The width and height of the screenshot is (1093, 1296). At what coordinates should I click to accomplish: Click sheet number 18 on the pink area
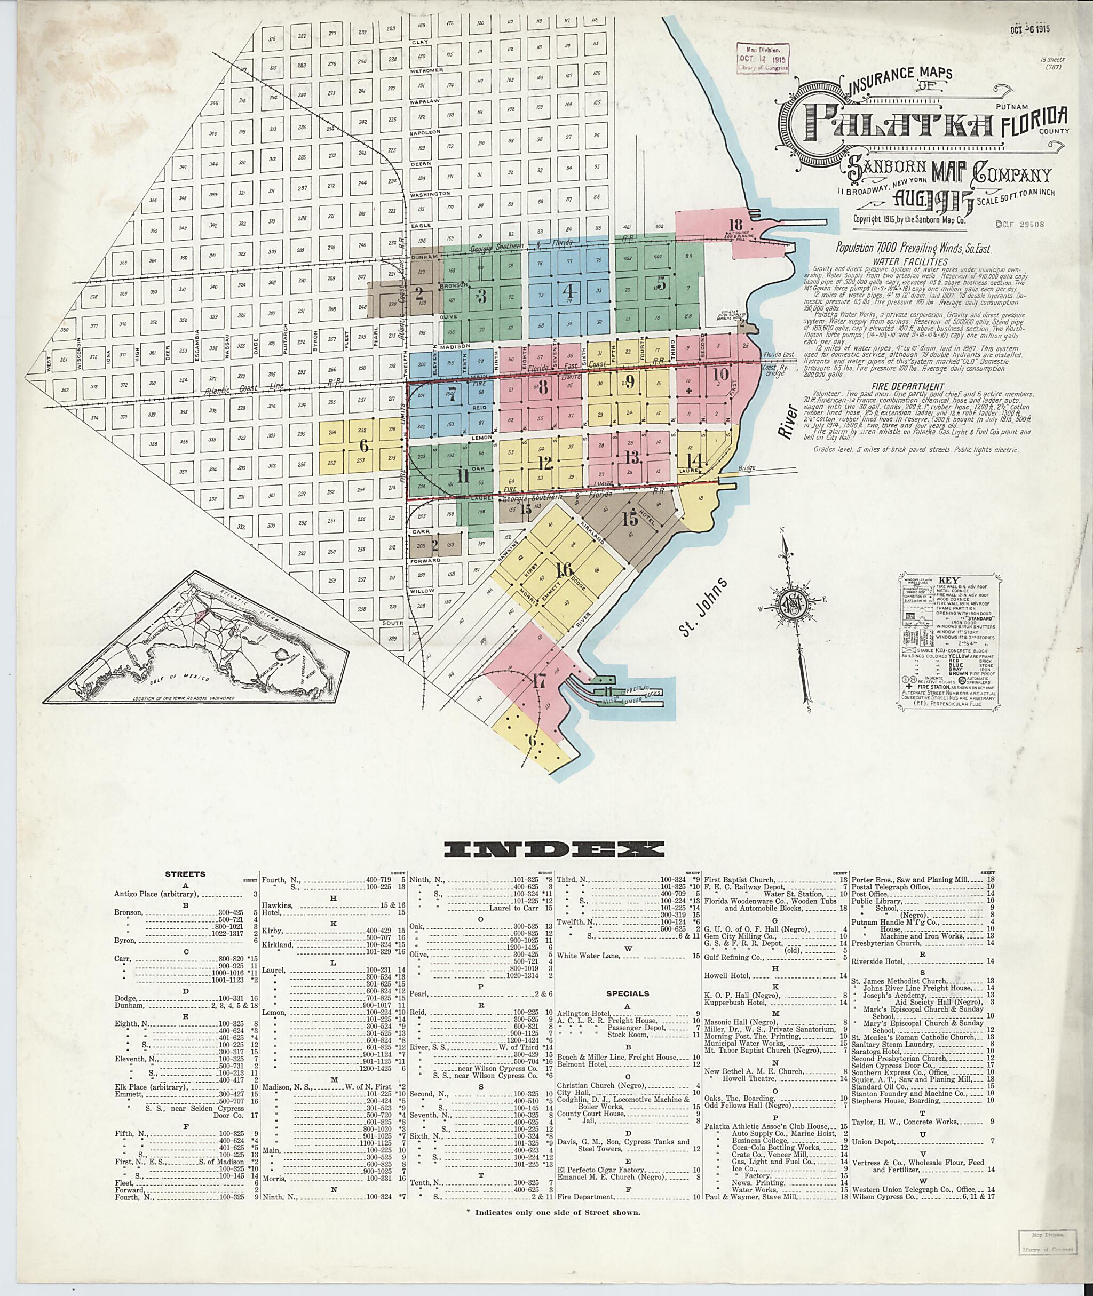coord(735,225)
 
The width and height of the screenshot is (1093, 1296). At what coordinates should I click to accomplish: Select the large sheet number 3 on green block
coord(481,296)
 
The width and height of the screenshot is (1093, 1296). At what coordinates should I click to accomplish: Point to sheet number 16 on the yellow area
coord(565,570)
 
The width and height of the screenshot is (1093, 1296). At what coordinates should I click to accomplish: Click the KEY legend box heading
coord(931,581)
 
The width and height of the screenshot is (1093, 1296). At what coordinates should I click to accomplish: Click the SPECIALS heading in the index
coord(628,993)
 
